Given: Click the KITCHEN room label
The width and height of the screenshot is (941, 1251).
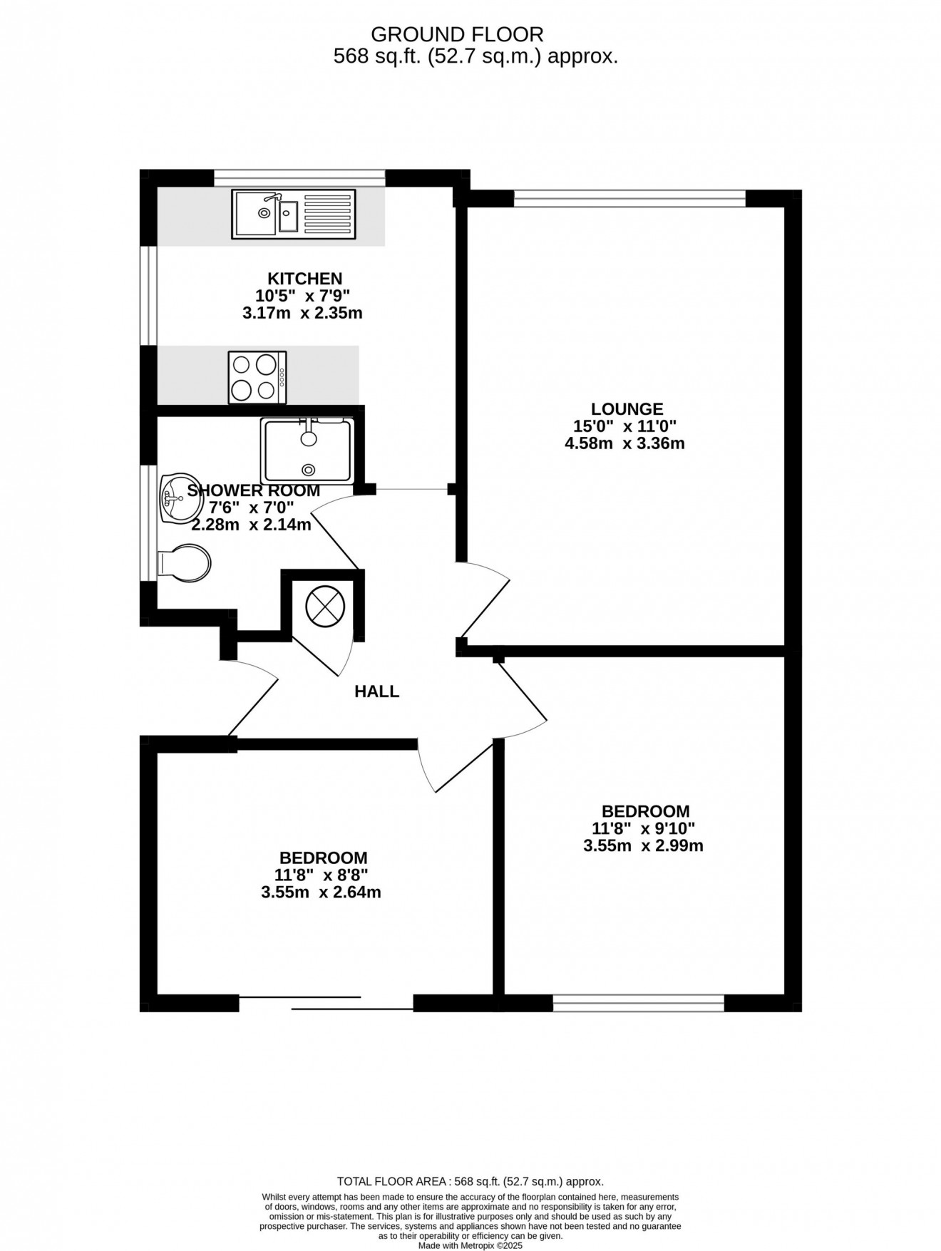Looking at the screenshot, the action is [x=304, y=278].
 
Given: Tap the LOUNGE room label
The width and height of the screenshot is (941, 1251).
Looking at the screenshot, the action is [x=627, y=409].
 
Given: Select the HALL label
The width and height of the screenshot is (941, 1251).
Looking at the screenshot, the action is [x=377, y=691].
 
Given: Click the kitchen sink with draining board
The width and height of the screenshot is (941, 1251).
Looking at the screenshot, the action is [x=293, y=214].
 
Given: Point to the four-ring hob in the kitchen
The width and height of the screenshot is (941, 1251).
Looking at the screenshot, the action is [x=257, y=376].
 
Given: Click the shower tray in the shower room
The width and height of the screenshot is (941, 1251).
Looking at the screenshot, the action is [x=307, y=450].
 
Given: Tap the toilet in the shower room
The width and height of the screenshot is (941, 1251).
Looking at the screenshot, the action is [x=184, y=564].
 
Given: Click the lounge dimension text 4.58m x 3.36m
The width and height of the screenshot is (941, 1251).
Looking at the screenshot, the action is [x=624, y=443].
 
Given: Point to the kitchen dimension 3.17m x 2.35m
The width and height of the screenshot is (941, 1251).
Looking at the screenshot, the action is [x=303, y=312].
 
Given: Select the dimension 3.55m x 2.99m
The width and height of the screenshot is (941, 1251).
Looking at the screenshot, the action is [x=644, y=846].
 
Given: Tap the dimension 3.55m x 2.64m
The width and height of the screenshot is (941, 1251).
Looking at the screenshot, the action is [x=322, y=892].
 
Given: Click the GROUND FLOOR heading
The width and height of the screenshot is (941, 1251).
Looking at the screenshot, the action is [x=458, y=34].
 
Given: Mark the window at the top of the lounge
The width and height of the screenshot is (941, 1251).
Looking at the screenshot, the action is [x=629, y=197].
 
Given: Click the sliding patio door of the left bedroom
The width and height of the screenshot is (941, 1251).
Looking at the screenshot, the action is [x=326, y=1003].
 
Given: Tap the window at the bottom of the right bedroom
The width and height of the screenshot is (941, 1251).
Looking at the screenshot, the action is [x=639, y=1003].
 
